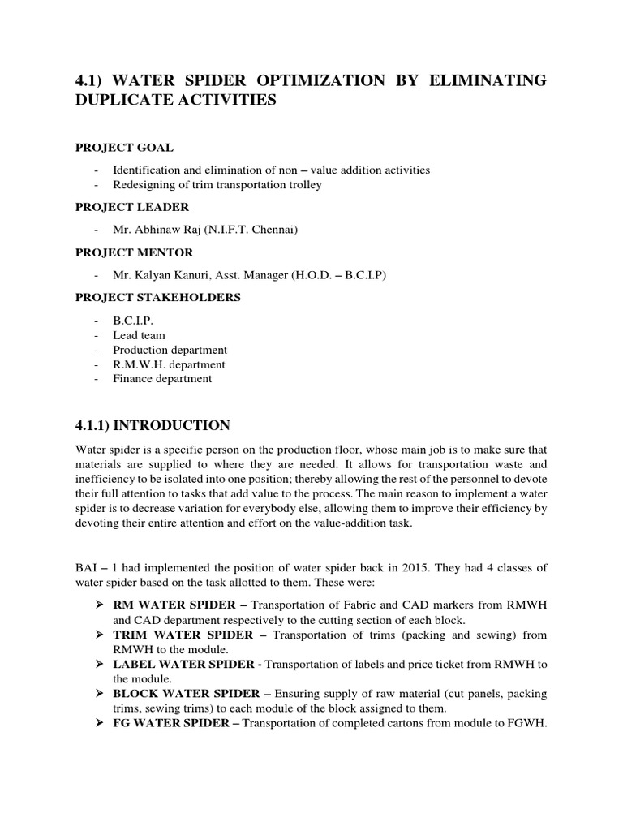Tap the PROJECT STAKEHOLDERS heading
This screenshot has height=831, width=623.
coord(157,297)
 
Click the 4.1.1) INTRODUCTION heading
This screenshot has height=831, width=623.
coord(153,425)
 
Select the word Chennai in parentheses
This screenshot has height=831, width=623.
coord(275,230)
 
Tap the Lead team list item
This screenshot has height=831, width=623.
coord(139,335)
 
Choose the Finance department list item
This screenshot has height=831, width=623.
coord(162,378)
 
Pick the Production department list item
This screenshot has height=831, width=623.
coord(170,350)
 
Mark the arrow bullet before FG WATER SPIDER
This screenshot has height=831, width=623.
coord(101,723)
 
